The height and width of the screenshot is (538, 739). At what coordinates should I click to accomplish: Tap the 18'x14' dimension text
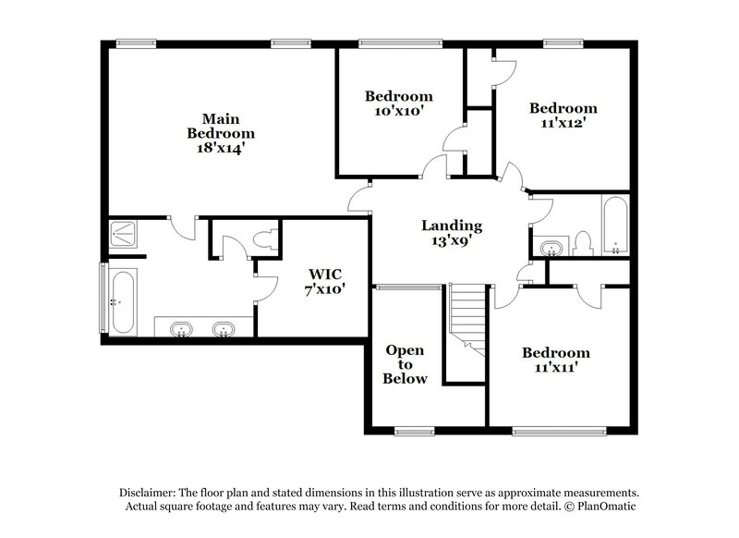[x=221, y=148]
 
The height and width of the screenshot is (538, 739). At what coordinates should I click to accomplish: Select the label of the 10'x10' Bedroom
[x=398, y=96]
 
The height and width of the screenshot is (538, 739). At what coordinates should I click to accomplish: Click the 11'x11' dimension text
[x=555, y=368]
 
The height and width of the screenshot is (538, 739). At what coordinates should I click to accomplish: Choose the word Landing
[x=452, y=226]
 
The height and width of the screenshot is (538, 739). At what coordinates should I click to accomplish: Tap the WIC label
[x=325, y=274]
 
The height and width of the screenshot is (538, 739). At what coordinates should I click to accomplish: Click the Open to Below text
[x=406, y=364]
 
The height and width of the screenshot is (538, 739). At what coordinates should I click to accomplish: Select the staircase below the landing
[x=467, y=319]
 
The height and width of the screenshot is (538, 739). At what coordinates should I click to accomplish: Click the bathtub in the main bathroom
[x=121, y=301]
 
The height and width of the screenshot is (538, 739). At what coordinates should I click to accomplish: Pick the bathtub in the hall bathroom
[x=614, y=225]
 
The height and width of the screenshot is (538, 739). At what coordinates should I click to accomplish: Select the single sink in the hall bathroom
[x=551, y=248]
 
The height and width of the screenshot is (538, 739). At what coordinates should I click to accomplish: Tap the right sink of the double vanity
[x=222, y=328]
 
